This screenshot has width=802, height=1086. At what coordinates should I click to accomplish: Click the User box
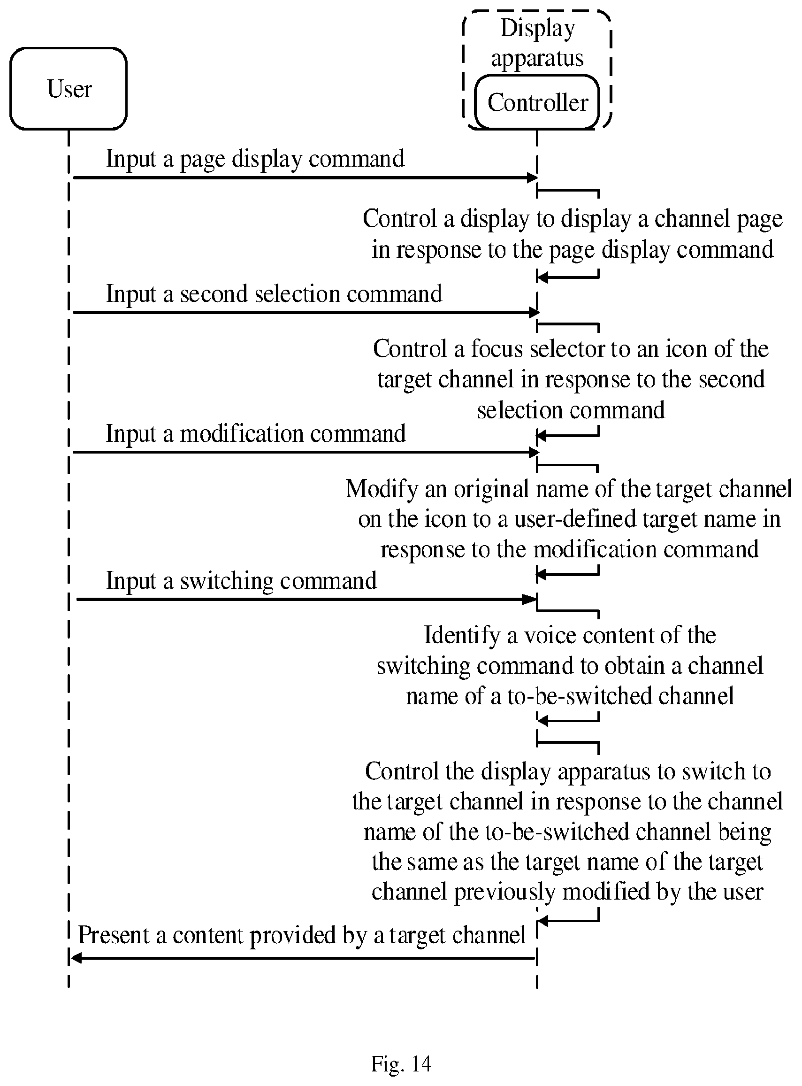(x=69, y=89)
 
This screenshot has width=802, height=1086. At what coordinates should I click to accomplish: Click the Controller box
(x=537, y=102)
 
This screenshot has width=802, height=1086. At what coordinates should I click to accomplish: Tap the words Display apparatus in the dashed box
(x=537, y=43)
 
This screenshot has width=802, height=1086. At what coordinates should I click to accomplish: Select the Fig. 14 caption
(x=401, y=1063)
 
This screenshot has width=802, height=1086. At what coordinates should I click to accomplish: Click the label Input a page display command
(x=255, y=159)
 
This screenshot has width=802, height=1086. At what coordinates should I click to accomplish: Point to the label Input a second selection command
(x=274, y=294)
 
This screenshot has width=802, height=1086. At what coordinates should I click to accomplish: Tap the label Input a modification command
(x=255, y=433)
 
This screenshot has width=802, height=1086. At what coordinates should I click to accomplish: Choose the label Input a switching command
(x=241, y=580)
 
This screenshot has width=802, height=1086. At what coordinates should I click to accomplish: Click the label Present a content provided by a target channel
(x=302, y=935)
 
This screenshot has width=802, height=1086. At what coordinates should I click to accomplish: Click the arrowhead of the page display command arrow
(x=533, y=178)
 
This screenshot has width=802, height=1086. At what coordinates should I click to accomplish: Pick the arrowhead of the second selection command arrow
(x=534, y=312)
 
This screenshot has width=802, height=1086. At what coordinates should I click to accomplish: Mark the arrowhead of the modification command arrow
(x=534, y=453)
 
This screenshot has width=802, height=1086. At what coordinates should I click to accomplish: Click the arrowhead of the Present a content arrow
(x=76, y=958)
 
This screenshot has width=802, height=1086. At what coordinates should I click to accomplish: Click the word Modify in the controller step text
(x=382, y=489)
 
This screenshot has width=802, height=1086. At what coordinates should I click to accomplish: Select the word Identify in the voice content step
(x=462, y=636)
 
